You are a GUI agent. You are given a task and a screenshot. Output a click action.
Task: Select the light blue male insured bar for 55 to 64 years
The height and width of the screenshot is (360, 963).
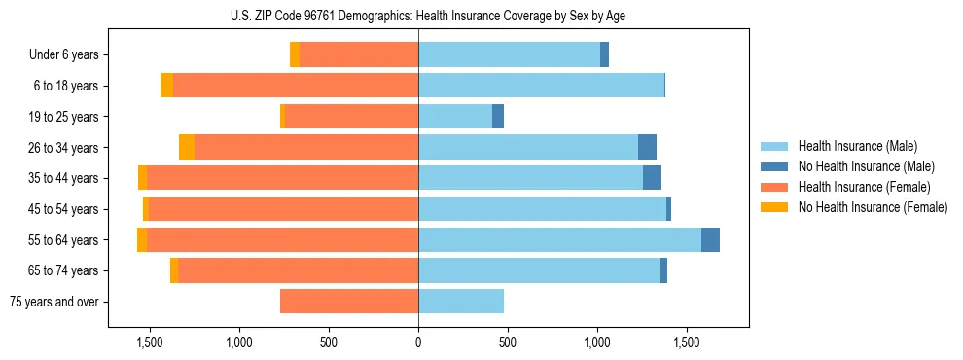pos(559,239)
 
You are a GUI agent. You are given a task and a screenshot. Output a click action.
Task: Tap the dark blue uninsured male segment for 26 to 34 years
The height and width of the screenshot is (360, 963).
pos(647,147)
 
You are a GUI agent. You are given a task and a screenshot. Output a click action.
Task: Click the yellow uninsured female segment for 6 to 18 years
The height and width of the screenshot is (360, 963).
pos(166,86)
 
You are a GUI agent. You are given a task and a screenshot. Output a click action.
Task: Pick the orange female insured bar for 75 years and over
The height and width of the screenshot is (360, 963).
pos(349,302)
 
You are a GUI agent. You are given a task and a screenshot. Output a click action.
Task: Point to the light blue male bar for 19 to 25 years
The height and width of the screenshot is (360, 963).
pos(455,117)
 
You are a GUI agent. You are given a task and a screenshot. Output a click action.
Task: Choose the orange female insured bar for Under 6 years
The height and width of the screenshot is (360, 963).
pos(359,55)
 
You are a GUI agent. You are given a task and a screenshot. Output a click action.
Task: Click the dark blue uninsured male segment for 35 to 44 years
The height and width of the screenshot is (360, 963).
pos(652,178)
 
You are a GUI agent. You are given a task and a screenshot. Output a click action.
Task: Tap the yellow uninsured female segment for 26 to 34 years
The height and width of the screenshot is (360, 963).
pos(187,147)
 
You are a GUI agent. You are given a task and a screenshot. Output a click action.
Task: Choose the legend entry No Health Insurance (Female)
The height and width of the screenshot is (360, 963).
pos(873,207)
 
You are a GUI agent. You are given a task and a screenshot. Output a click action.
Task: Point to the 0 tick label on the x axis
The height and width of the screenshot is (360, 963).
pos(418,342)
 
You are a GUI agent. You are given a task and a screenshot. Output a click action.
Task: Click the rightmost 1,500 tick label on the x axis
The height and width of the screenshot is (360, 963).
pos(687,342)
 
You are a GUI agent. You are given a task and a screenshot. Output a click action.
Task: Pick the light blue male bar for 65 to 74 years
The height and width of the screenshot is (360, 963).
pos(539,270)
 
